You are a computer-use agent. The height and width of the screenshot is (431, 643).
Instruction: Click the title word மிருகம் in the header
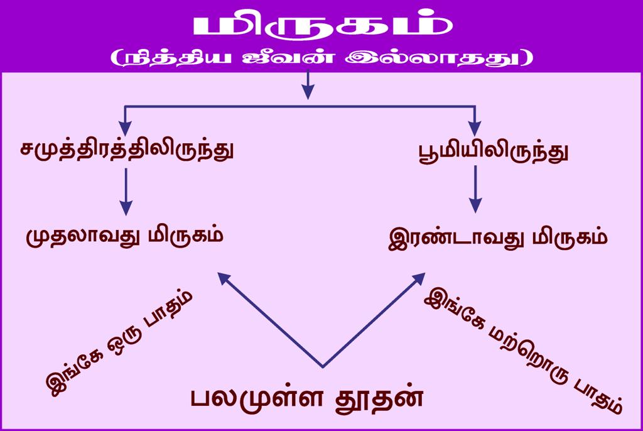[x=323, y=26]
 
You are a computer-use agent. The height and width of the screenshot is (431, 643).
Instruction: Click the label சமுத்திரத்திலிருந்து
[x=127, y=150]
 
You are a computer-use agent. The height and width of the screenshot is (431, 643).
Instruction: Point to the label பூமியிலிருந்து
[x=494, y=152]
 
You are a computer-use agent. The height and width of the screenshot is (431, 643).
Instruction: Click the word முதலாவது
[x=81, y=236]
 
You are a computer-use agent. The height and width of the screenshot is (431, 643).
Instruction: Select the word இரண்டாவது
[x=456, y=238]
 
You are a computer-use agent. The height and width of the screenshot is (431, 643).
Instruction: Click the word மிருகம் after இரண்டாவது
[x=570, y=238]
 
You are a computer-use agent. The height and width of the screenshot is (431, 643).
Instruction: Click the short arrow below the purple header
[x=308, y=85]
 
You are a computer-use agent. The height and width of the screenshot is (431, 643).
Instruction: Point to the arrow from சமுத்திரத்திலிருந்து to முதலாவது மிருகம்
[x=126, y=191]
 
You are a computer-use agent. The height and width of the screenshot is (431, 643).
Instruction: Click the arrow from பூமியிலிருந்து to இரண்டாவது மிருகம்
[x=475, y=189]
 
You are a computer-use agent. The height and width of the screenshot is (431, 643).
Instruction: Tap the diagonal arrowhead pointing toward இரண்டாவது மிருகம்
[x=419, y=278]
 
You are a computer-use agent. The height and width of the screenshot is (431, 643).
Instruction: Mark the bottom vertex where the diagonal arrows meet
[x=323, y=366]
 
